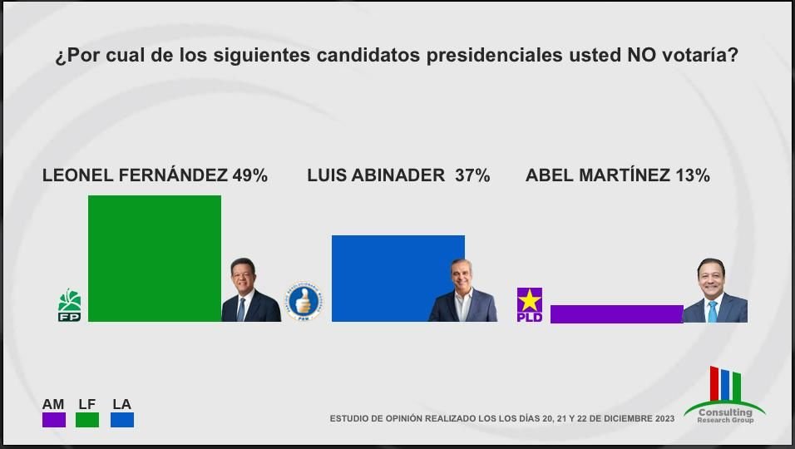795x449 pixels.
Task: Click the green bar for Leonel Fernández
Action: pyautogui.click(x=155, y=258)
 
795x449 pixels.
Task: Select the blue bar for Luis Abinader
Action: pyautogui.click(x=397, y=278)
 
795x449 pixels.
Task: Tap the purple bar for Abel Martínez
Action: pyautogui.click(x=616, y=313)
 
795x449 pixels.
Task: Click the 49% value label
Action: pyautogui.click(x=249, y=175)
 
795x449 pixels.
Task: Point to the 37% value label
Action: pyautogui.click(x=472, y=175)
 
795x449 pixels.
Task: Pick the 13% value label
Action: pyautogui.click(x=692, y=175)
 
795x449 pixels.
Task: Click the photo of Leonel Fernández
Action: pyautogui.click(x=250, y=290)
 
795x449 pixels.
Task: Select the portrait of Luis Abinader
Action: pyautogui.click(x=462, y=290)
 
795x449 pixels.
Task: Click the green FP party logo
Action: pyautogui.click(x=69, y=305)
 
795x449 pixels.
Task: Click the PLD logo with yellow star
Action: pyautogui.click(x=530, y=304)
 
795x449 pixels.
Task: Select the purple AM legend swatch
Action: pyautogui.click(x=53, y=419)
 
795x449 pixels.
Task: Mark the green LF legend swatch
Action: pyautogui.click(x=87, y=419)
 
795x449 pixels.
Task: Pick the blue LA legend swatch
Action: pyautogui.click(x=121, y=419)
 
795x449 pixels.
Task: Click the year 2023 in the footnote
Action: pyautogui.click(x=664, y=418)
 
